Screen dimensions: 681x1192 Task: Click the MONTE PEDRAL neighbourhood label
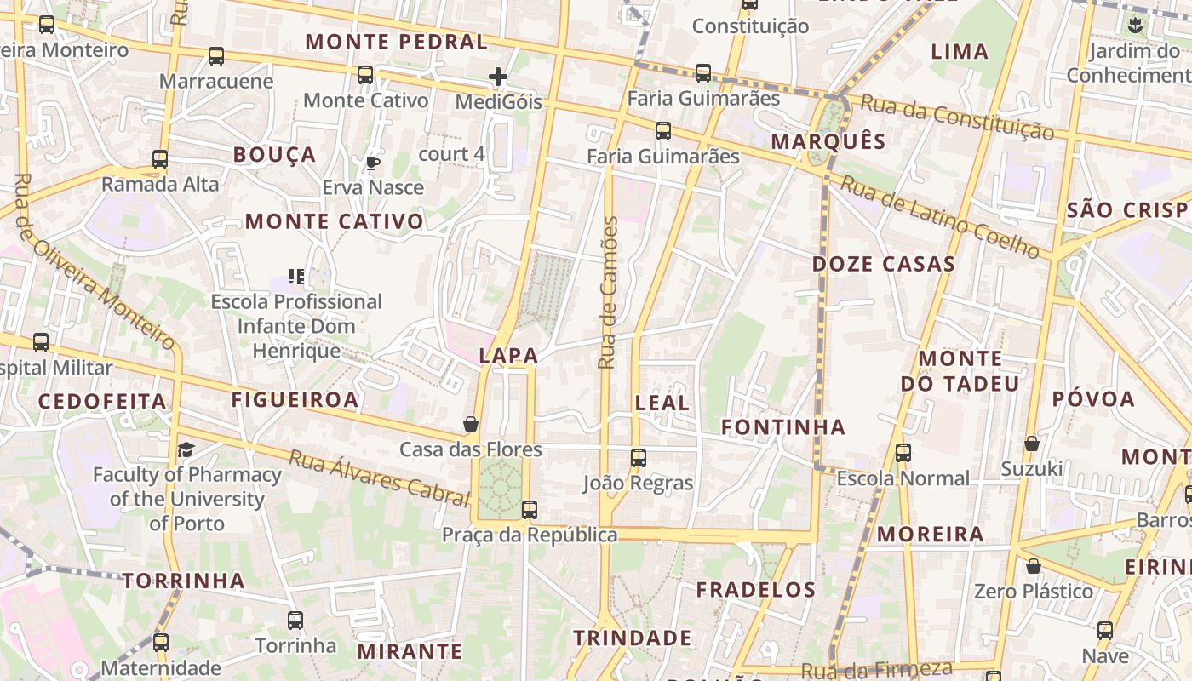[396, 42]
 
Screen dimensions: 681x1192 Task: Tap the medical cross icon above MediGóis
[498, 77]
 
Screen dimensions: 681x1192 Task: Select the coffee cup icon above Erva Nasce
[372, 163]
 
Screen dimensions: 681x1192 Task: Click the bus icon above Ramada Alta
[160, 158]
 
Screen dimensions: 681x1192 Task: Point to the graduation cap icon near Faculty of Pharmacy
[186, 449]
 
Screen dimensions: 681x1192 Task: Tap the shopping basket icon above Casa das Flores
[470, 423]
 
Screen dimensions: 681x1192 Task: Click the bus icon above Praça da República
[530, 510]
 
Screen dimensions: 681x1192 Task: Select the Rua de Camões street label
[607, 293]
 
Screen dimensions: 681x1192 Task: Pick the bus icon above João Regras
[639, 458]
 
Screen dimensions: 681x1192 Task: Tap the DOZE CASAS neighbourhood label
[883, 264]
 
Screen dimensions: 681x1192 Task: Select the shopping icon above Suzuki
[1031, 444]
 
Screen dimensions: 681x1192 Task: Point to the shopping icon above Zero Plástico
[1034, 566]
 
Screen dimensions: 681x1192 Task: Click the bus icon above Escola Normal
[903, 453]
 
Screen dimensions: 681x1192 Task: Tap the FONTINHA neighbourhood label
[783, 427]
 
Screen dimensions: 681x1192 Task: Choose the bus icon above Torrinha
[295, 621]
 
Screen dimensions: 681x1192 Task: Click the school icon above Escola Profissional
[296, 276]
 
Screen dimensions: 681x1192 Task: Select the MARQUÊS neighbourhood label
[828, 141]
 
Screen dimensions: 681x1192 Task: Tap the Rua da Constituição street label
[957, 117]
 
